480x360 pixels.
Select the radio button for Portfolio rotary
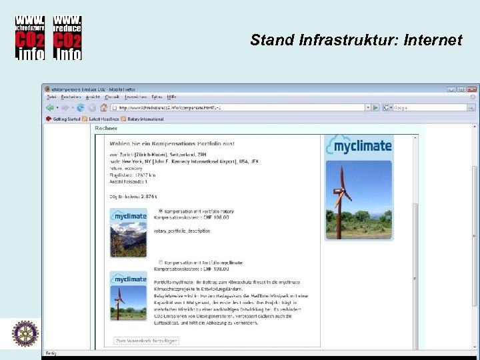pos(160,211)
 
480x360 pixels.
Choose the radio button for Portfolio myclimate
pos(160,263)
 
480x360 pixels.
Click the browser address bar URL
pos(173,107)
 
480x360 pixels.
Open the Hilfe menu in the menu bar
pos(172,97)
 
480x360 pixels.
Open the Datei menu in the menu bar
pos(51,97)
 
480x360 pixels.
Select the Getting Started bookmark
pos(65,119)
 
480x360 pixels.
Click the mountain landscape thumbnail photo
pos(128,239)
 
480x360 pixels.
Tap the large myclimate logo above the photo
pos(359,147)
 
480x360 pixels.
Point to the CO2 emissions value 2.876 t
pos(147,197)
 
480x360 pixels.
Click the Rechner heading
pos(106,128)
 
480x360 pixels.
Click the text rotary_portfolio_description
pos(182,231)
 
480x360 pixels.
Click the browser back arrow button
pos(50,107)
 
